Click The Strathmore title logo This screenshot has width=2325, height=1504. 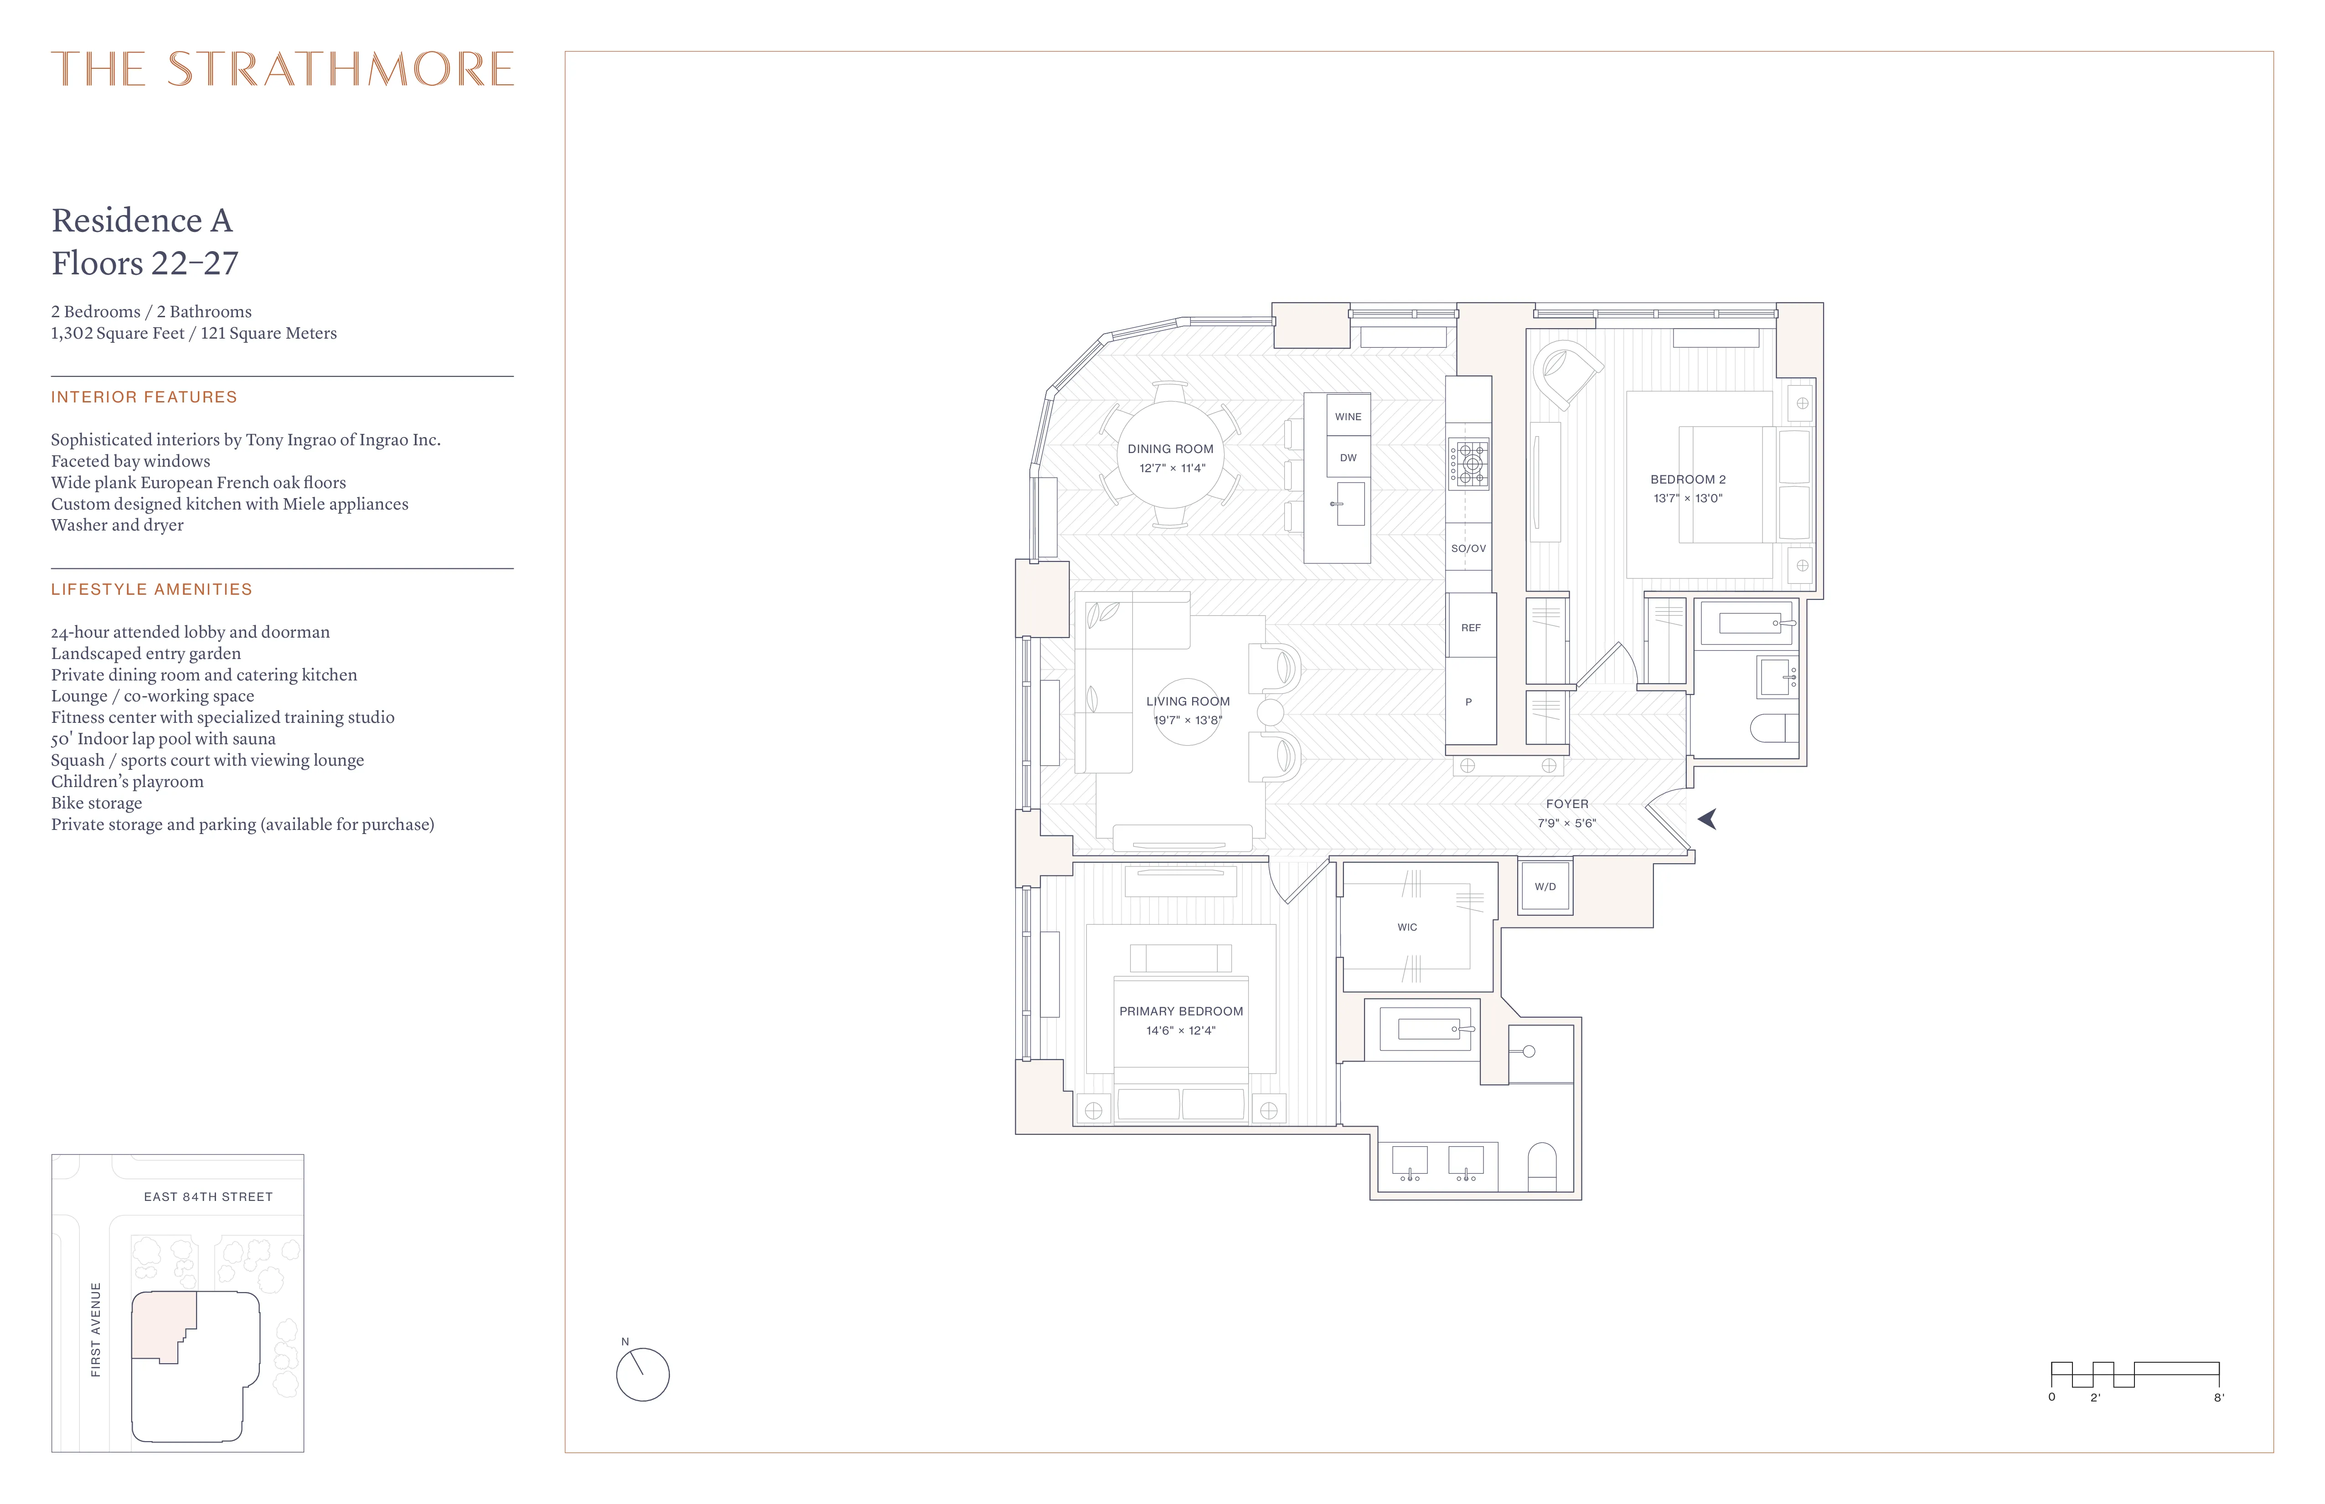(282, 69)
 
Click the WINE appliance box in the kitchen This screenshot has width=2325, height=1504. (1348, 416)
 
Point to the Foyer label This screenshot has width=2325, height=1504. (1567, 804)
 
